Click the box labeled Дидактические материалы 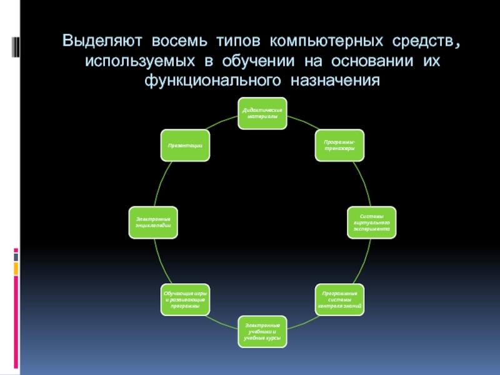pos(262,113)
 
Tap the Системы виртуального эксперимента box pos(371,222)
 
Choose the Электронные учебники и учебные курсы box pos(262,331)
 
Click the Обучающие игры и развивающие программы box pos(185,299)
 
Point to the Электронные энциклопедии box pos(153,222)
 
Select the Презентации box pos(185,145)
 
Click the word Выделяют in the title pos(102,42)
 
